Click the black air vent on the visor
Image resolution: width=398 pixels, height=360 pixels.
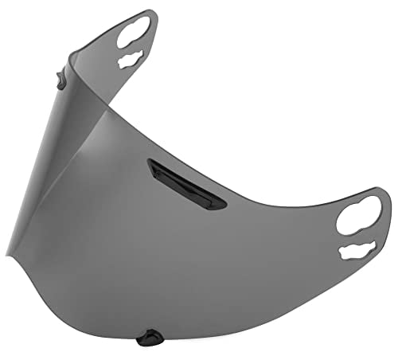coord(185,183)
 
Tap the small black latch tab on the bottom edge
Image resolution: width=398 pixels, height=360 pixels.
coord(146,338)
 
